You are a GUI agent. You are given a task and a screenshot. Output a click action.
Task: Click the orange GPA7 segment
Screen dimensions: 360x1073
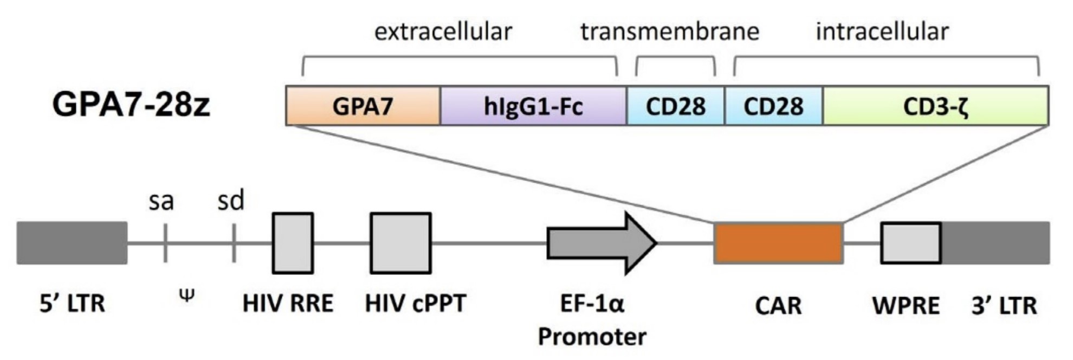[363, 106]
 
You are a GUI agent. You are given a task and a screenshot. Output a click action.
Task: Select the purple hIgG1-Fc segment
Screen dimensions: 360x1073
[533, 106]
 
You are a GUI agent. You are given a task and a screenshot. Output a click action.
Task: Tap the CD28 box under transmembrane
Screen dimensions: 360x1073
[675, 106]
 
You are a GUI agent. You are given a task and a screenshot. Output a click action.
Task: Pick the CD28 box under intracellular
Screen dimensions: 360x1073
[773, 106]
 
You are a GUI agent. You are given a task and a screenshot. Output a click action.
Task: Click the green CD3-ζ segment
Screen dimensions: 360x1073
[935, 106]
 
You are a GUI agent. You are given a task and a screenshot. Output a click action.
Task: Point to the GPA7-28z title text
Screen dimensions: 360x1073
[131, 105]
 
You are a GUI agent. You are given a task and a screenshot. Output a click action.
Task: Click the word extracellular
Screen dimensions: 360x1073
[443, 31]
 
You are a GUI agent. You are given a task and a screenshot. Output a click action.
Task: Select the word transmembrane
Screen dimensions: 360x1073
[670, 31]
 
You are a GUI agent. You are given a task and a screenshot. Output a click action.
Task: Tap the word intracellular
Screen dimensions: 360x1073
[882, 31]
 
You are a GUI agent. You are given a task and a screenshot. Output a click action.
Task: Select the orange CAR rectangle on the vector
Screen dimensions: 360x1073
[778, 243]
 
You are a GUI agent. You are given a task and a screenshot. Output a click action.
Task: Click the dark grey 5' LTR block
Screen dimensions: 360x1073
[72, 243]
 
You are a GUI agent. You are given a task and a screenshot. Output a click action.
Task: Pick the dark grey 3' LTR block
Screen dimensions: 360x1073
[996, 243]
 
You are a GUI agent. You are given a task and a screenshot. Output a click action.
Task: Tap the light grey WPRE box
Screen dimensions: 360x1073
[910, 243]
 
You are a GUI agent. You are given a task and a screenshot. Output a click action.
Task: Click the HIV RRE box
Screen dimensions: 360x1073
[293, 243]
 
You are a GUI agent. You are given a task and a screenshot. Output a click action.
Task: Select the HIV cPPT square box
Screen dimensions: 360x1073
[400, 243]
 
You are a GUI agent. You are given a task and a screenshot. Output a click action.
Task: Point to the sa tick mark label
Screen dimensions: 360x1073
[161, 202]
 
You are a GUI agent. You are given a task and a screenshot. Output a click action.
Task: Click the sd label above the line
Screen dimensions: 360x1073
[231, 201]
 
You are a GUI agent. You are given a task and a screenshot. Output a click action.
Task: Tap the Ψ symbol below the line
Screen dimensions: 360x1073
[186, 295]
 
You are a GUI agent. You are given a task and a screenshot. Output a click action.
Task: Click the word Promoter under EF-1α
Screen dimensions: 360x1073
[592, 337]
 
